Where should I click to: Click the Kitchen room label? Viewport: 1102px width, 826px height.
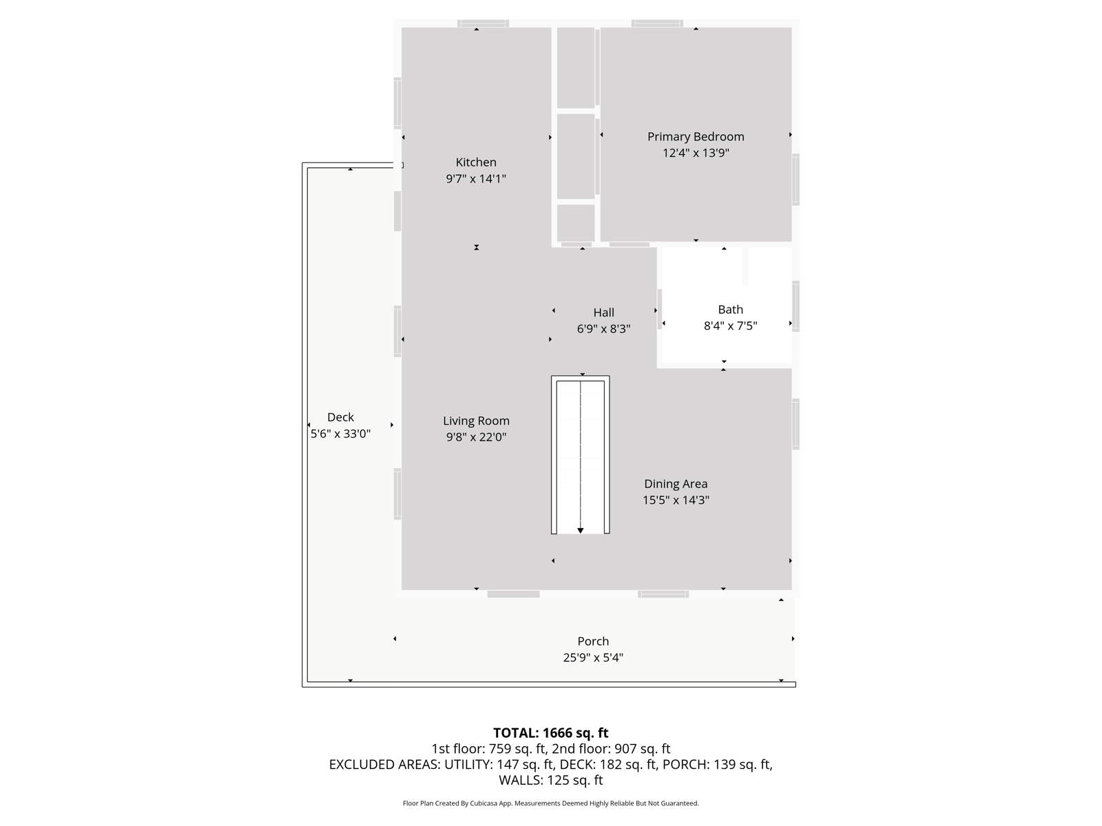coord(475,162)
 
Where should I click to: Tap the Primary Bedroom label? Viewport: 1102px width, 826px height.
coord(696,136)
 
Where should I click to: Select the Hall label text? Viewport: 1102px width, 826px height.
coord(603,313)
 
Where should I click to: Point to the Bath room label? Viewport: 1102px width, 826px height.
coord(730,310)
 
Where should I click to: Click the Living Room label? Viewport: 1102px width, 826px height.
coord(476,421)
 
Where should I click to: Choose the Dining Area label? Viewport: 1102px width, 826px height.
coord(676,484)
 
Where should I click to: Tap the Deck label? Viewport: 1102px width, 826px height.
coord(340,417)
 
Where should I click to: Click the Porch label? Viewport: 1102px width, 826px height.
coord(593,641)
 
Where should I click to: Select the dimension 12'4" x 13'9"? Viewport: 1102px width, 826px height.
coord(696,153)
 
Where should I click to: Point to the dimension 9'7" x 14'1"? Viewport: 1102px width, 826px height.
coord(476,178)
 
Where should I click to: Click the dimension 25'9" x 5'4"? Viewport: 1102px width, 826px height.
coord(593,657)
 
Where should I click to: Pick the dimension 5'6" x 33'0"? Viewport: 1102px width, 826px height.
coord(340,434)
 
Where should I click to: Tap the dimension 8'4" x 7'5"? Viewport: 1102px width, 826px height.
coord(730,326)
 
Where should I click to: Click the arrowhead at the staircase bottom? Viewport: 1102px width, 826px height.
coord(581,531)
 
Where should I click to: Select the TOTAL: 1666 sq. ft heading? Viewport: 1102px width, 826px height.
coord(550,732)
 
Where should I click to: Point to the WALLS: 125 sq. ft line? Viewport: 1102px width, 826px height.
coord(550,780)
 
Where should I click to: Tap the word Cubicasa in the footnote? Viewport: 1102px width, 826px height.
coord(483,803)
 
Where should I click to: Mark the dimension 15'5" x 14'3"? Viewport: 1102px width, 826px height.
coord(676,500)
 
